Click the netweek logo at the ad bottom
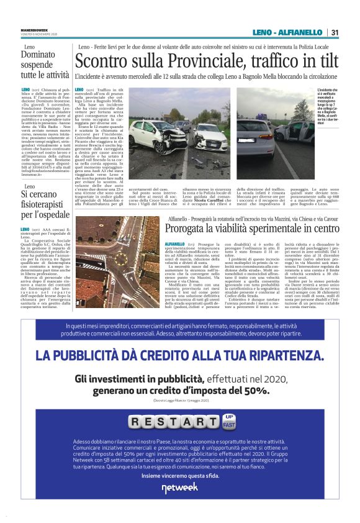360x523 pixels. point(179,488)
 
